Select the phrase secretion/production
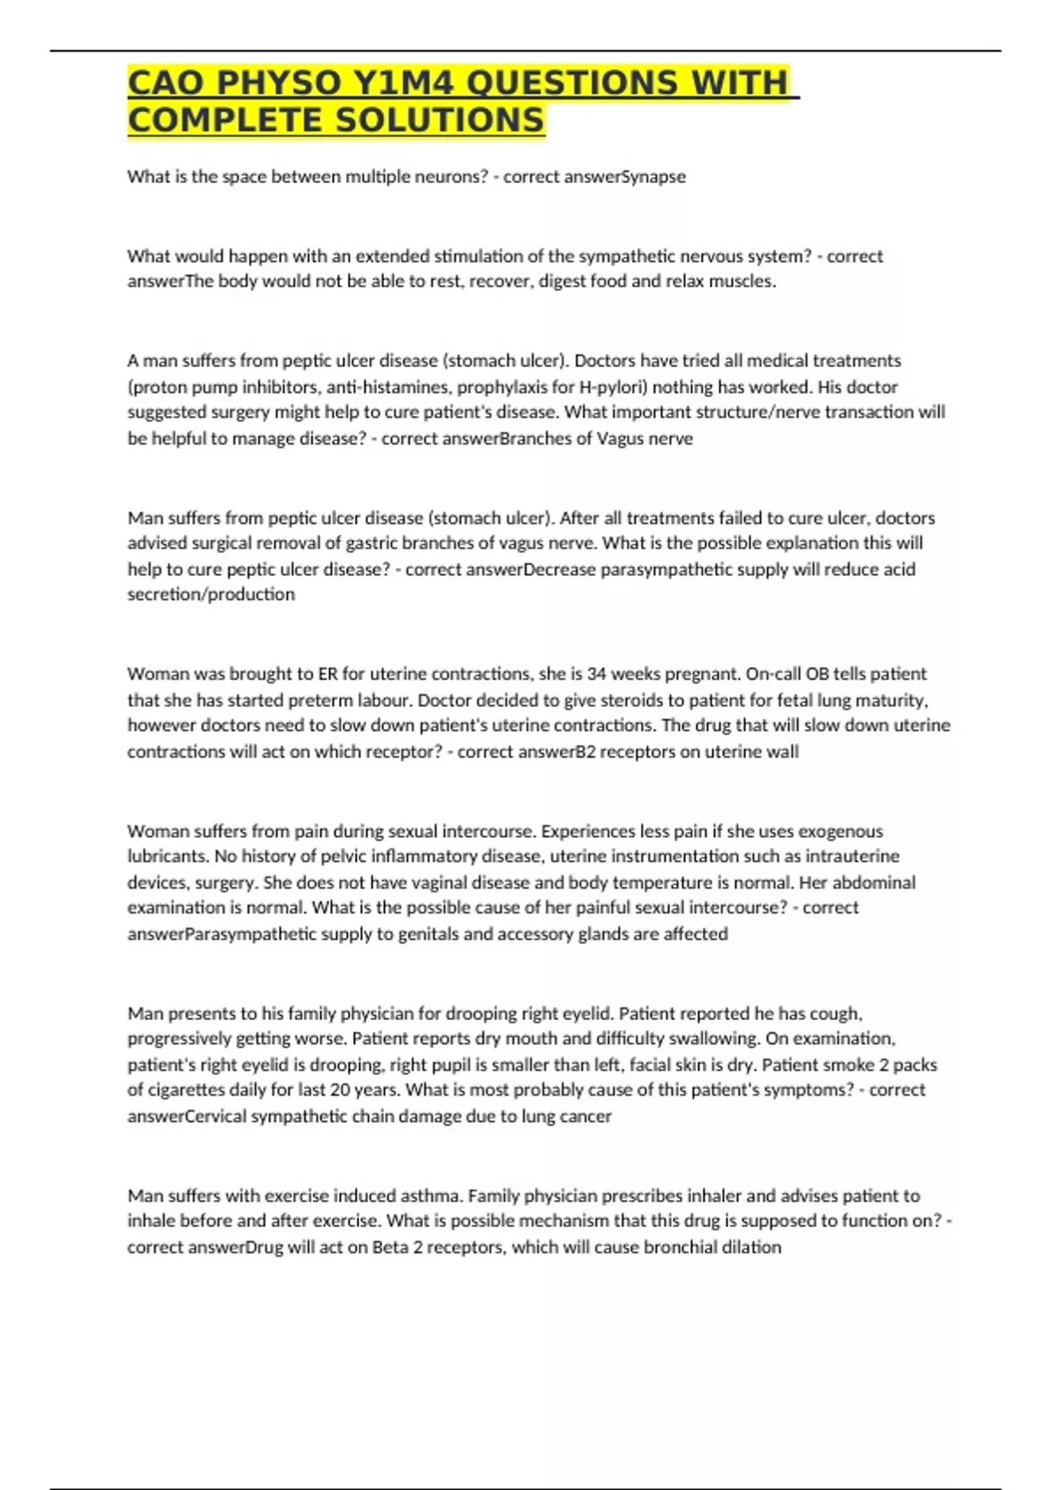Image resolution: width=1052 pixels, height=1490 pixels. tap(210, 594)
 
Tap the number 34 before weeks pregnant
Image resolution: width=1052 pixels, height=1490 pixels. tap(596, 674)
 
